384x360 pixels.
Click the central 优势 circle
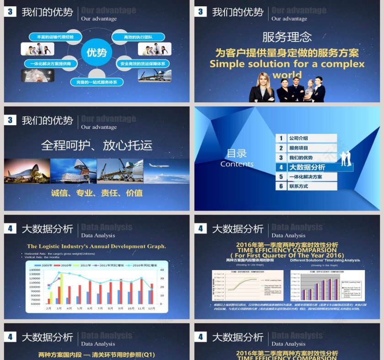pos(96,52)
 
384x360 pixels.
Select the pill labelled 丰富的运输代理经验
pos(52,37)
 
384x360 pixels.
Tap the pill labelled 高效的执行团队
pos(138,37)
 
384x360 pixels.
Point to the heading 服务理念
pos(287,37)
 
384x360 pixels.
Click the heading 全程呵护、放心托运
pos(96,145)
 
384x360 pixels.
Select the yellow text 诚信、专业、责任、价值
pos(96,193)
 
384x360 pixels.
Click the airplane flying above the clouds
pos(158,165)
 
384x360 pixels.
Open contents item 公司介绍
pos(299,138)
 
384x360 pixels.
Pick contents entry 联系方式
pos(299,186)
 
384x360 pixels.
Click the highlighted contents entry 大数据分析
pos(307,167)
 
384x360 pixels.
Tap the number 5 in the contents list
pos(282,177)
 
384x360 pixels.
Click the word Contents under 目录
pos(236,164)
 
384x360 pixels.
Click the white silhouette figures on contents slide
pos(345,158)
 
